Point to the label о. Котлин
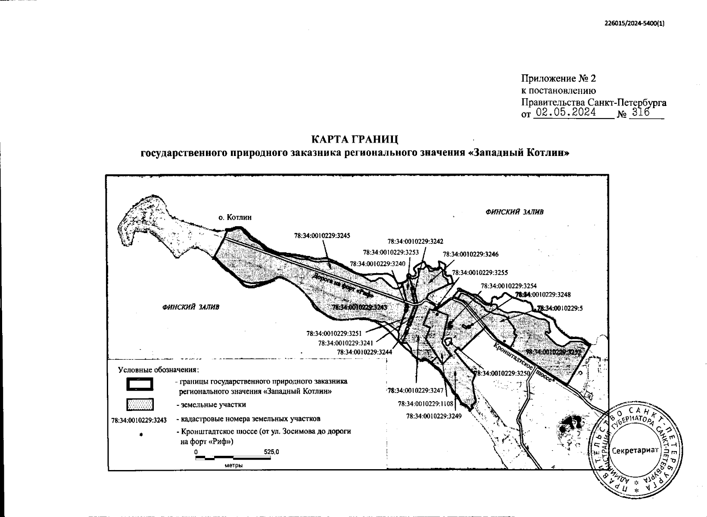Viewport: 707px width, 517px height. [x=235, y=218]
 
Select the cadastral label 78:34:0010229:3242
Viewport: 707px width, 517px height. [x=415, y=242]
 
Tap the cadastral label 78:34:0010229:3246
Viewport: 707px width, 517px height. [x=470, y=254]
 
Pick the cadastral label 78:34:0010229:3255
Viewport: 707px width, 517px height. [x=480, y=272]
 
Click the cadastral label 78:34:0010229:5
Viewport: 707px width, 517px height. [x=560, y=308]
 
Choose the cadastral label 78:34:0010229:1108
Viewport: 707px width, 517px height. [x=426, y=404]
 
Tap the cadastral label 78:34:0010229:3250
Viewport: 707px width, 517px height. [x=501, y=374]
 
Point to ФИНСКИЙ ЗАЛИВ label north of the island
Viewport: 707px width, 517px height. [x=514, y=212]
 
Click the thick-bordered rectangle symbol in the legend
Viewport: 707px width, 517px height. [x=140, y=384]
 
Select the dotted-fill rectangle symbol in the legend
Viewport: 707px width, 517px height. [x=140, y=405]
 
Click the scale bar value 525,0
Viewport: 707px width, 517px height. [x=271, y=452]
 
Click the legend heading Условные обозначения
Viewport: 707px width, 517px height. [x=159, y=370]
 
